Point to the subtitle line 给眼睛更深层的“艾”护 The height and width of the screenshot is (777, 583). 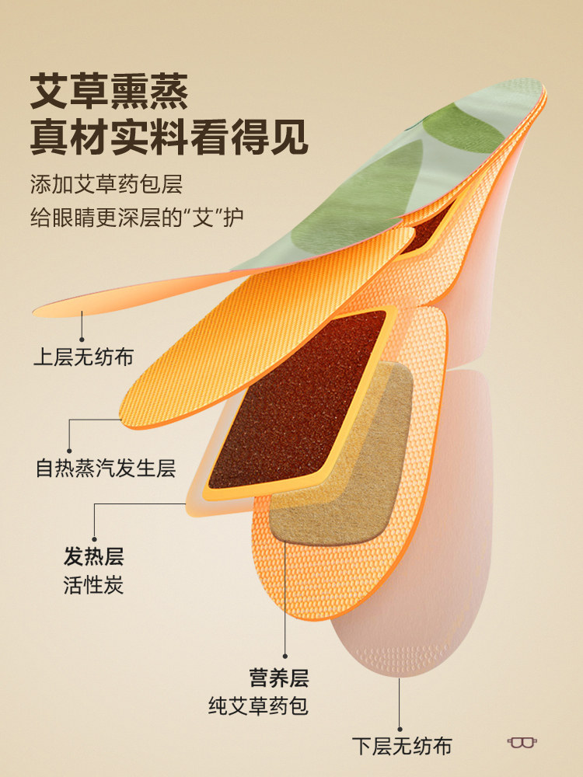pos(136,217)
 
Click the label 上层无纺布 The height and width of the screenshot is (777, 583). pos(83,357)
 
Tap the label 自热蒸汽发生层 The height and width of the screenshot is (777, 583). pos(106,469)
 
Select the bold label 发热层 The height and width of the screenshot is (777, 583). pos(93,556)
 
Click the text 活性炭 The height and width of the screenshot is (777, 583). pos(93,584)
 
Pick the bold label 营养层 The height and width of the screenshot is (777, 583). pos(278,678)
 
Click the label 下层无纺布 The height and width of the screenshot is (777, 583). pos(401,747)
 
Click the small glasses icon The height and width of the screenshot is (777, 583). pos(523,742)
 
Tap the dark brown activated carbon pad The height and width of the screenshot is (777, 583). pos(299,396)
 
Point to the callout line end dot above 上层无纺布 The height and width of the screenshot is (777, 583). pos(83,313)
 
